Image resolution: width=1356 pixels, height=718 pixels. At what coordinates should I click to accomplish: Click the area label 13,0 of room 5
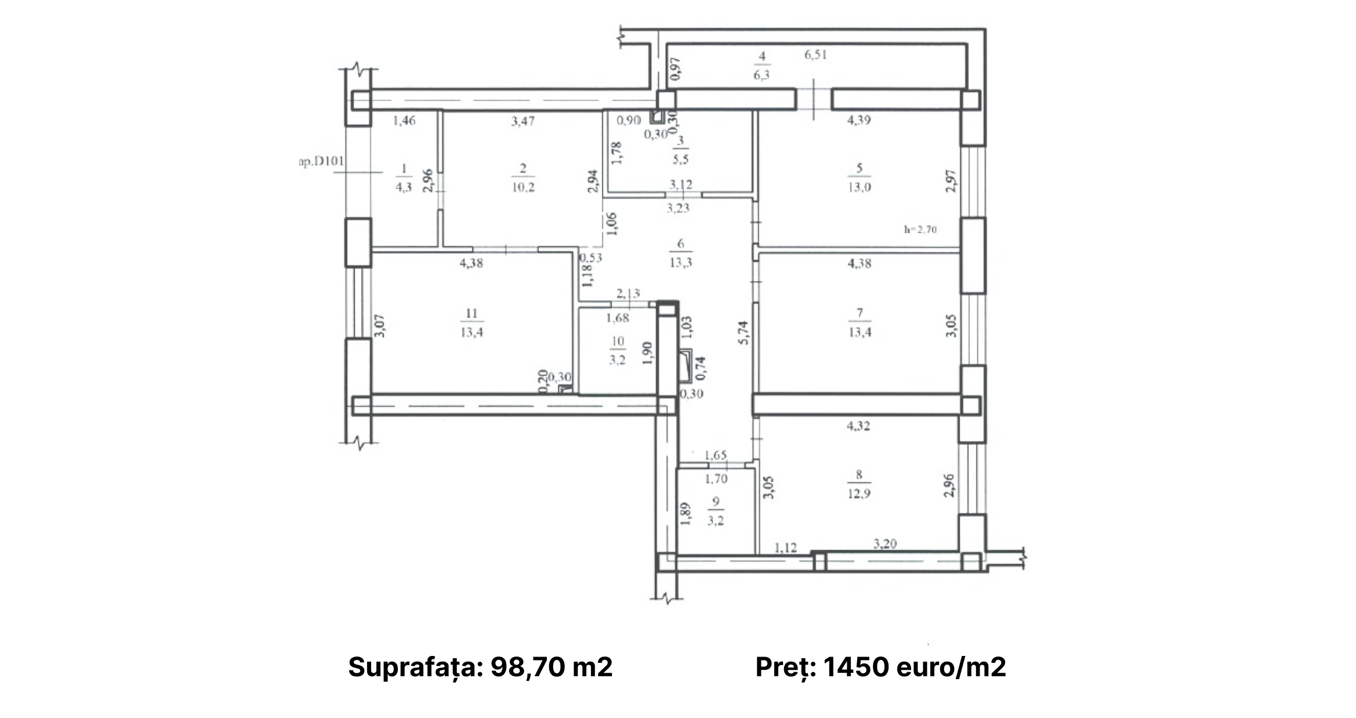coord(859,187)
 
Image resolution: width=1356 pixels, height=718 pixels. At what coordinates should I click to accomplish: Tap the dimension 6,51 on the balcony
coord(815,55)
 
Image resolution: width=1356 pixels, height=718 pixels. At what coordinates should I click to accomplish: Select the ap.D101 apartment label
coord(321,162)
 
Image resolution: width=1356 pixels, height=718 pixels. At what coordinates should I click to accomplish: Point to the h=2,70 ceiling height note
coord(920,229)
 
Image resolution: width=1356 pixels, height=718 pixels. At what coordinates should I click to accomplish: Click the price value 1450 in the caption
coord(856,668)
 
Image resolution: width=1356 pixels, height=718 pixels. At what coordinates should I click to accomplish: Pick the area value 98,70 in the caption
coord(527,668)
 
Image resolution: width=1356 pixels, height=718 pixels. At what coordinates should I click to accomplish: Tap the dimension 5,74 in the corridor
coord(744,333)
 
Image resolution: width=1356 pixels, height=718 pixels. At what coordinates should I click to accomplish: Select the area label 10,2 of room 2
coord(523,187)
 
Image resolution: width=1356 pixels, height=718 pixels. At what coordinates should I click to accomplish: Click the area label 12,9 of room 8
coord(858,494)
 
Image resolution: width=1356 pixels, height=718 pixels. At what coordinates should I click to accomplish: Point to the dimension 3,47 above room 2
coord(523,121)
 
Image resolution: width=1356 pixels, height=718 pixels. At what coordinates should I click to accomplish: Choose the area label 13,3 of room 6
coord(680,262)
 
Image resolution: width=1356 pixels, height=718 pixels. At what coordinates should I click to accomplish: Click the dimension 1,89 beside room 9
coord(686,514)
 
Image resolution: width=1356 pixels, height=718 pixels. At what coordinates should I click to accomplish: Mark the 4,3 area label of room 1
coord(404,187)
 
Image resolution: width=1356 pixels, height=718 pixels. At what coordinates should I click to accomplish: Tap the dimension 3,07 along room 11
coord(379,326)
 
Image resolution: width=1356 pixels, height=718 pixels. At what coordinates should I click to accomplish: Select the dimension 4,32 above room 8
coord(858,426)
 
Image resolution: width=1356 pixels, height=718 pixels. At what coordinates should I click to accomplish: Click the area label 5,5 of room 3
coord(680,159)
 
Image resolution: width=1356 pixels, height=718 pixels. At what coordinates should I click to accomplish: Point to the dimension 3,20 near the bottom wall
coord(885,544)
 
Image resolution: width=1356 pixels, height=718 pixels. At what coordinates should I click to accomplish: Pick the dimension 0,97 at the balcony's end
coord(675,68)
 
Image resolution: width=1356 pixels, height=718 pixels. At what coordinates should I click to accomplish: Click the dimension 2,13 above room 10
coord(628,294)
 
